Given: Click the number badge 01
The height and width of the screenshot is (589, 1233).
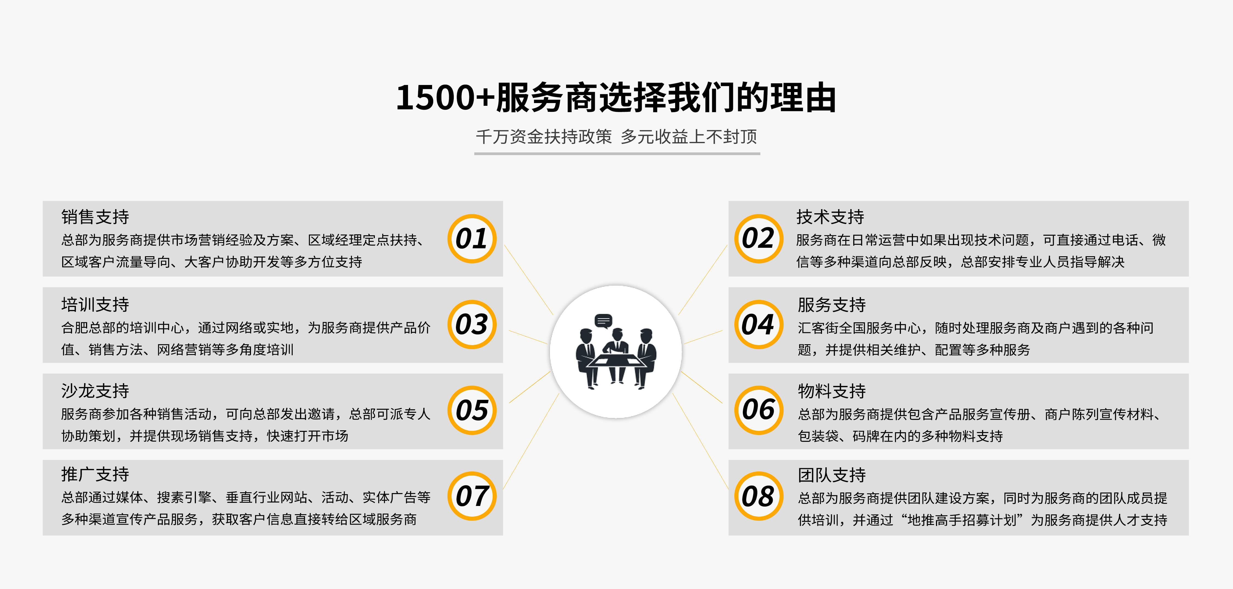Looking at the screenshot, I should coord(472,238).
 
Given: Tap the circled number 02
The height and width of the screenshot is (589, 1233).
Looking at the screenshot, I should coord(759,238).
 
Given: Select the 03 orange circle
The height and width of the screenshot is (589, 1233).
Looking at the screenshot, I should coord(472,325).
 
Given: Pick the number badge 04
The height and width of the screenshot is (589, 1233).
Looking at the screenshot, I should coord(759,325).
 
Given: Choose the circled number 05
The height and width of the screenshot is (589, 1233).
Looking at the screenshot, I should coord(472,410).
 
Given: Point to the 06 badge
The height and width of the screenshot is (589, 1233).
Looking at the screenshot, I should coord(759,410).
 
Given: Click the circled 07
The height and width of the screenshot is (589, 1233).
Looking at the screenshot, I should coord(472,496).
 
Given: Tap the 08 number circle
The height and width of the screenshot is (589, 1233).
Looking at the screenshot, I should coord(759,496).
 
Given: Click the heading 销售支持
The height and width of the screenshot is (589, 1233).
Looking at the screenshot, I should coord(95,217).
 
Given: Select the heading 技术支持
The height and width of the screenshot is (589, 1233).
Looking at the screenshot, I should coord(830,217).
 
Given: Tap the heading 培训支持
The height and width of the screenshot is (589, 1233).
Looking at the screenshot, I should coord(95,305).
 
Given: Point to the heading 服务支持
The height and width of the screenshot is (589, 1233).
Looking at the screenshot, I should coord(831,305).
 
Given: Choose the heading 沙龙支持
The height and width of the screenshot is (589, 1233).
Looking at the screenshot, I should coord(95,391).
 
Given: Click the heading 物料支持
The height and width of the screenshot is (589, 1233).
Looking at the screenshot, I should coord(831,391).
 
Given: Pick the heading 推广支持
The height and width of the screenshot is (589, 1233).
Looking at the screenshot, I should coord(95,474).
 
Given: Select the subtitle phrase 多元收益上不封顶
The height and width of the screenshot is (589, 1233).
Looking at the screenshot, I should coord(689,137).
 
